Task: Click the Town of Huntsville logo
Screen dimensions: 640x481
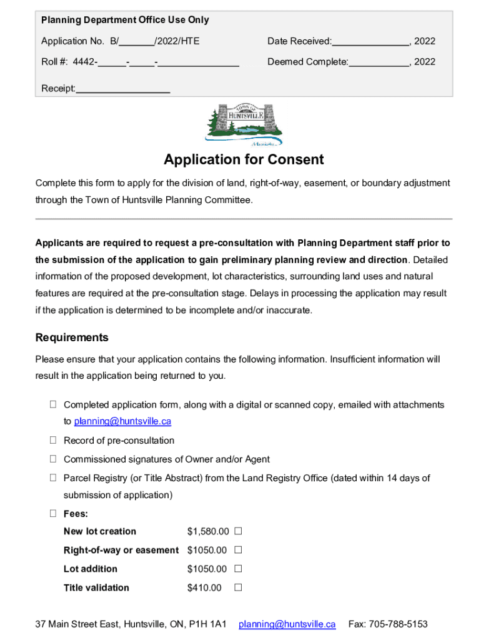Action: [244, 125]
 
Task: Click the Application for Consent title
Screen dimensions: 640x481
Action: [244, 160]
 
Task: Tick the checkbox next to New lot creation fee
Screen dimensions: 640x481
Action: [238, 531]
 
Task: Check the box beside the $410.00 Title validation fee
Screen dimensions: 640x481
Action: [238, 587]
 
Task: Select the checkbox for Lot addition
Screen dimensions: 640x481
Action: [238, 569]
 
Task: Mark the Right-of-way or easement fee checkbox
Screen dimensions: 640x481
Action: [238, 550]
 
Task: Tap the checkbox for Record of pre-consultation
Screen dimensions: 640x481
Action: [54, 441]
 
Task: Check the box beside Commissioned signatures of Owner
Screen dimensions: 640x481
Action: [54, 459]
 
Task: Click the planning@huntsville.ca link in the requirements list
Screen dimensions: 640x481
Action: [122, 422]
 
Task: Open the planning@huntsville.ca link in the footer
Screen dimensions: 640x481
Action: [287, 624]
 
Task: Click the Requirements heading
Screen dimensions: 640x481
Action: [72, 337]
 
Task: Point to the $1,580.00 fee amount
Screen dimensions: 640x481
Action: [208, 532]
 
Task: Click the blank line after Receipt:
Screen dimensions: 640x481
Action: [122, 89]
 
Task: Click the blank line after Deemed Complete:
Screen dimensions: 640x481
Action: [379, 63]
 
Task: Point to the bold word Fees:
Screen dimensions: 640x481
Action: [76, 514]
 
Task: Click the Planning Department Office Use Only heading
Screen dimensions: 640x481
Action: [125, 20]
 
